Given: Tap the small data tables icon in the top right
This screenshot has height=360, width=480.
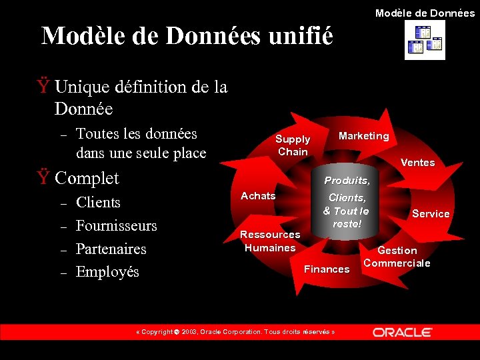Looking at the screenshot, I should pos(425,40).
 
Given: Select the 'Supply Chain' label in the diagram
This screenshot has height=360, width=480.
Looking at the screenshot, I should pos(293,145).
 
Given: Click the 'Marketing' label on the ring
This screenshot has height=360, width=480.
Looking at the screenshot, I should pos(363,136).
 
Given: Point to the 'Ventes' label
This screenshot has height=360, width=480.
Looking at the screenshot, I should pos(417,163).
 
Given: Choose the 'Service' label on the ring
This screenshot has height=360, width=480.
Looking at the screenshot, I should pos(431,213).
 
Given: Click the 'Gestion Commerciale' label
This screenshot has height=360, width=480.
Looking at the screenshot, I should pos(397,257).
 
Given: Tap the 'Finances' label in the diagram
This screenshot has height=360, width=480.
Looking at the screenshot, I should pos(327,269).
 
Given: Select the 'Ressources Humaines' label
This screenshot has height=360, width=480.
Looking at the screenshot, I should pos(270,241).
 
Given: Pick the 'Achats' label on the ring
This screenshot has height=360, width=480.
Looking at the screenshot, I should pos(258,195).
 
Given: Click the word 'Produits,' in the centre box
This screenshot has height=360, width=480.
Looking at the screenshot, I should pos(347,181).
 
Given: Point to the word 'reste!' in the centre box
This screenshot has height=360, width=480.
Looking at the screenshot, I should pos(347,224).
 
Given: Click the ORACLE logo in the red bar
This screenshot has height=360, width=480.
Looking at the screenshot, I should pos(403,332).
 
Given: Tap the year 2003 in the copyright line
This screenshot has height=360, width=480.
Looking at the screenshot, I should pos(189,332).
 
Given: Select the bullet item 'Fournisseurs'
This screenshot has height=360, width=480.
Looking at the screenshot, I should pos(117,225).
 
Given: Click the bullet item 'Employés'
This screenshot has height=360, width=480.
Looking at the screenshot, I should pos(107,272).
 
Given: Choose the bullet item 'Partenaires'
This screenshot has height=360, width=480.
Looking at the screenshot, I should pos(111,249).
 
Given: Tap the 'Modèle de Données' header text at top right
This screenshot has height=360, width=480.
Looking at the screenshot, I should pos(425,13).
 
